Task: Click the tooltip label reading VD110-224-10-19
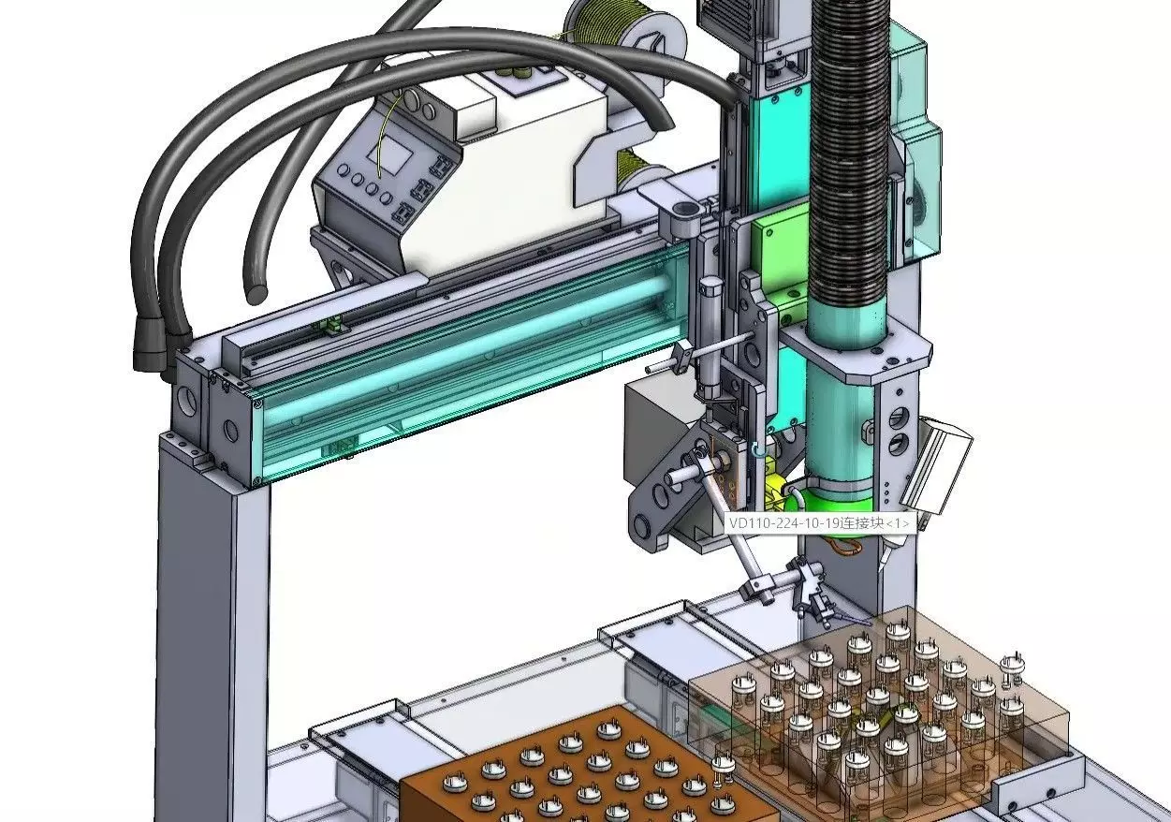[817, 523]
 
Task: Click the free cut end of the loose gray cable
[255, 293]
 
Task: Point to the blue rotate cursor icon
[758, 452]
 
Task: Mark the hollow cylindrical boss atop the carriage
[684, 207]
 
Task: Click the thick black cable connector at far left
[147, 346]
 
